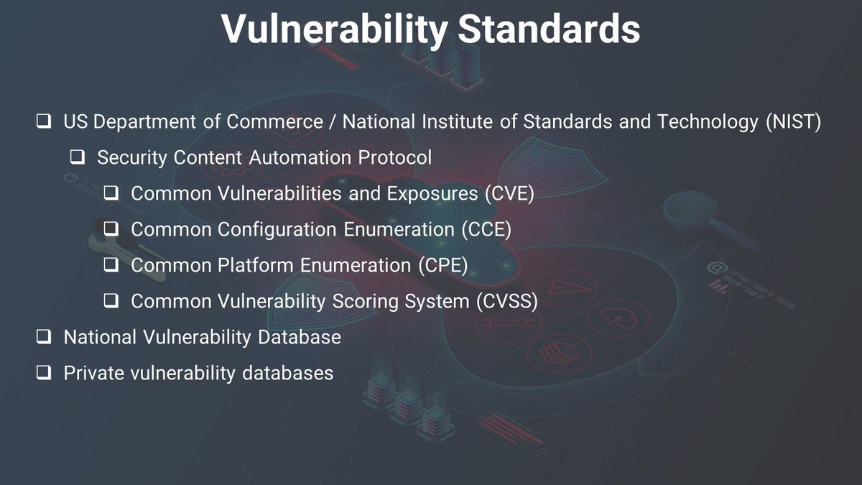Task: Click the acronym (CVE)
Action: click(x=510, y=193)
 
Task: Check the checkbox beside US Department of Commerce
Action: click(x=44, y=122)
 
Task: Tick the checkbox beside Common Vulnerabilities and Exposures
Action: click(x=111, y=194)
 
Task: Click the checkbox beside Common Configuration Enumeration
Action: click(x=111, y=230)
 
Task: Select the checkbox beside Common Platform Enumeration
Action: click(x=111, y=266)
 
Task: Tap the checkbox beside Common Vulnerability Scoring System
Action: click(x=111, y=302)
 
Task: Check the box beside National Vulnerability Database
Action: click(x=44, y=337)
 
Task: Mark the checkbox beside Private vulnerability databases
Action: click(x=44, y=373)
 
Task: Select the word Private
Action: click(x=89, y=373)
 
